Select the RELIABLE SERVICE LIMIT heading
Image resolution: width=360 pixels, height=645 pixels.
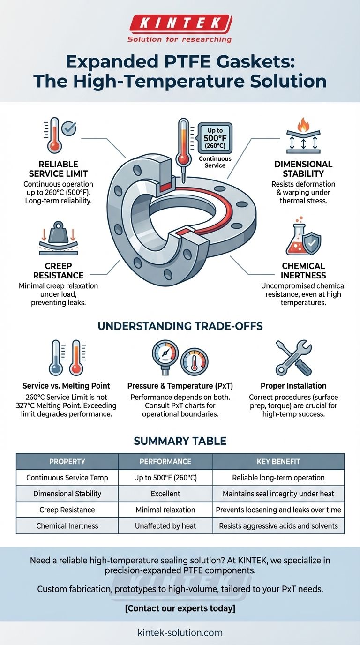[58, 168]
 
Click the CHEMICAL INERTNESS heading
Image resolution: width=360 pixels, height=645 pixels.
[303, 270]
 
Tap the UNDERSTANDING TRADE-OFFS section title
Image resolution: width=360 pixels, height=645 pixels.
[180, 326]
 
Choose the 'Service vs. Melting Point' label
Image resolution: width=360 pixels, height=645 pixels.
[66, 386]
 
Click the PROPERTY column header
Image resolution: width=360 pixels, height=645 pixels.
[67, 461]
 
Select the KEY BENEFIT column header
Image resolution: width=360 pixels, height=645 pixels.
[278, 461]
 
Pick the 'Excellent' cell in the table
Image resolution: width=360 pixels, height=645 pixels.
[165, 494]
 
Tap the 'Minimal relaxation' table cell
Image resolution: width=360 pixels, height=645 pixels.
[165, 510]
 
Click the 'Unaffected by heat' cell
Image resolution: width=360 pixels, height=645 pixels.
[165, 526]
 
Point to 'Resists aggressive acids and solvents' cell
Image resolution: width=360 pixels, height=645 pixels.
[278, 526]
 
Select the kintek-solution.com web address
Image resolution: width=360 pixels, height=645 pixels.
[180, 632]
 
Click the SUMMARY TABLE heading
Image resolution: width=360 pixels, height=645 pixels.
[180, 441]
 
